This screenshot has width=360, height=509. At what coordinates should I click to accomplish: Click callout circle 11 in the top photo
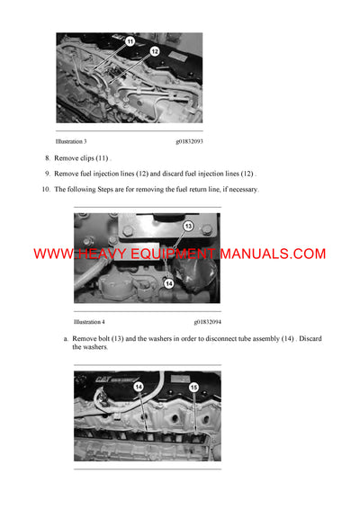[129, 42]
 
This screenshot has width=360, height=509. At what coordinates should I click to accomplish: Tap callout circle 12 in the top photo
[154, 51]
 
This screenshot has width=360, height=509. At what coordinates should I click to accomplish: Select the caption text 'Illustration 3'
[71, 141]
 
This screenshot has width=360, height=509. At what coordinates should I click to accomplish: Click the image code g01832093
[189, 141]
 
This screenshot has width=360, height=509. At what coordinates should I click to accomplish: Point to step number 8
[47, 157]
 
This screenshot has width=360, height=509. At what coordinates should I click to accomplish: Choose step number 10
[45, 189]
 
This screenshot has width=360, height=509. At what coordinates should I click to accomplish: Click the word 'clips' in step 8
[94, 157]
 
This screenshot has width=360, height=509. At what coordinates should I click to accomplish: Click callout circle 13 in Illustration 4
[188, 226]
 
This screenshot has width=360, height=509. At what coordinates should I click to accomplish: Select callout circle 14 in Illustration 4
[167, 283]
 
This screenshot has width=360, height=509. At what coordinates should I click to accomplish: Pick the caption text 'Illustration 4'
[89, 321]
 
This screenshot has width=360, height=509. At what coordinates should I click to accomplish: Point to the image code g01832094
[207, 321]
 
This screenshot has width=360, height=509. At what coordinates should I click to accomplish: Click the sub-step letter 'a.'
[66, 338]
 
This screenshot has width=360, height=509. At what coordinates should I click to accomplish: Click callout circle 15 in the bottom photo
[194, 388]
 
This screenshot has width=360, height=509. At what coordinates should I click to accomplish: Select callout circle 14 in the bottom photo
[139, 387]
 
